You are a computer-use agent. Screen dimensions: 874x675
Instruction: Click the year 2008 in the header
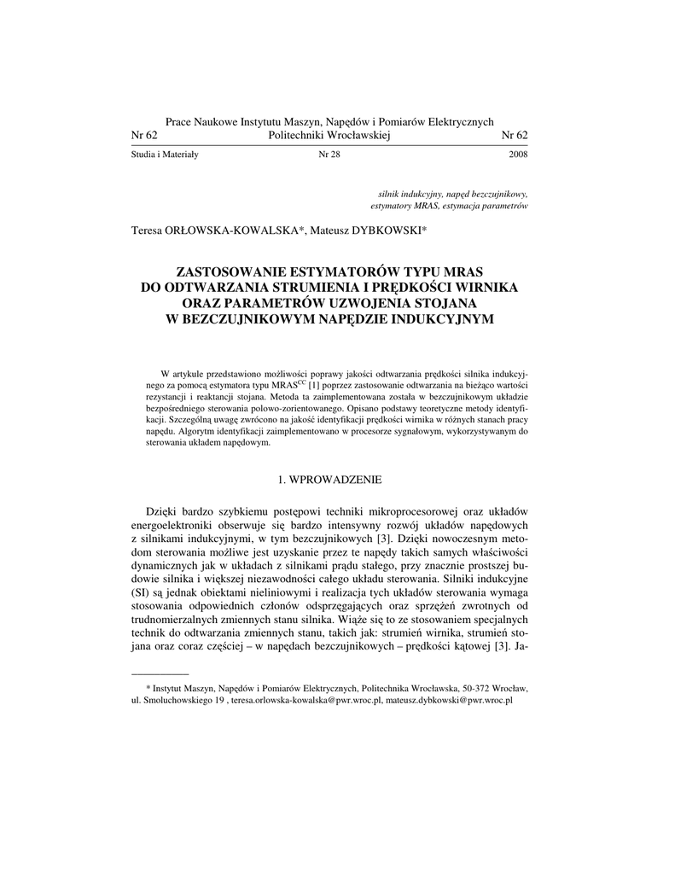pyautogui.click(x=518, y=154)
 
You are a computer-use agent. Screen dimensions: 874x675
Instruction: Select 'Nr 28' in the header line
pyautogui.click(x=329, y=154)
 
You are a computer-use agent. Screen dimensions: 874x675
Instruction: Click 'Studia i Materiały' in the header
pyautogui.click(x=165, y=154)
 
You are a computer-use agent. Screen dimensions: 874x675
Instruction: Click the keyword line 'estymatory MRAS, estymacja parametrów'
pyautogui.click(x=450, y=207)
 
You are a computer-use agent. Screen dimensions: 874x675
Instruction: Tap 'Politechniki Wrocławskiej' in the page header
pyautogui.click(x=329, y=136)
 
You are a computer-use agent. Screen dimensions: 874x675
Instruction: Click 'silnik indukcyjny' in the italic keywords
pyautogui.click(x=402, y=194)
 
